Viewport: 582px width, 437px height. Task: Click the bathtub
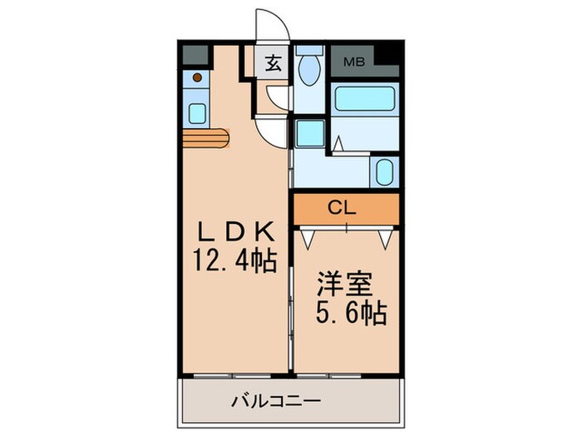pos(363,100)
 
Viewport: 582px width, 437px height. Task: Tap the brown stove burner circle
pos(197,77)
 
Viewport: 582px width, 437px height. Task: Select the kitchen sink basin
pos(197,112)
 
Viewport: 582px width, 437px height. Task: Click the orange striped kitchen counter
pos(206,138)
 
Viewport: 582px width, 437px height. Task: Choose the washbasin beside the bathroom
pos(384,171)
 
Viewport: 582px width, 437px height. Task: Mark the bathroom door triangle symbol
pos(339,144)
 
